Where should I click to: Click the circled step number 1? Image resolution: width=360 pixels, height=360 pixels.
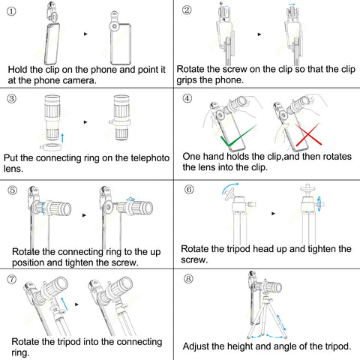[x=11, y=11]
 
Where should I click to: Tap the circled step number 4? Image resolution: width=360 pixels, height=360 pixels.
[x=187, y=98]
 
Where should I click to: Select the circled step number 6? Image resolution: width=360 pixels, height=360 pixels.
[x=189, y=189]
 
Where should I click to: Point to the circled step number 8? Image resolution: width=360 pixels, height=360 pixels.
[x=188, y=278]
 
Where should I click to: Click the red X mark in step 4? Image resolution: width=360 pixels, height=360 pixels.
[x=308, y=134]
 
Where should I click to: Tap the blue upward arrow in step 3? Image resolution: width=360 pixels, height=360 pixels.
[x=62, y=138]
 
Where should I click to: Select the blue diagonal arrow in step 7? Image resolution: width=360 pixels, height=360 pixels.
[x=64, y=304]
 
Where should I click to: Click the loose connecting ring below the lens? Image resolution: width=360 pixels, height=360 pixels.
[x=51, y=147]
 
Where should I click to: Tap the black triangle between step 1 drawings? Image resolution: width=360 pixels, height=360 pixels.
[x=85, y=34]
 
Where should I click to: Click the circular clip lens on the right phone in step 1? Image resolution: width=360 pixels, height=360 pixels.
[x=115, y=26]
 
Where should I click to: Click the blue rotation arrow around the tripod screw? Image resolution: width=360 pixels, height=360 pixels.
[x=319, y=203]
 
